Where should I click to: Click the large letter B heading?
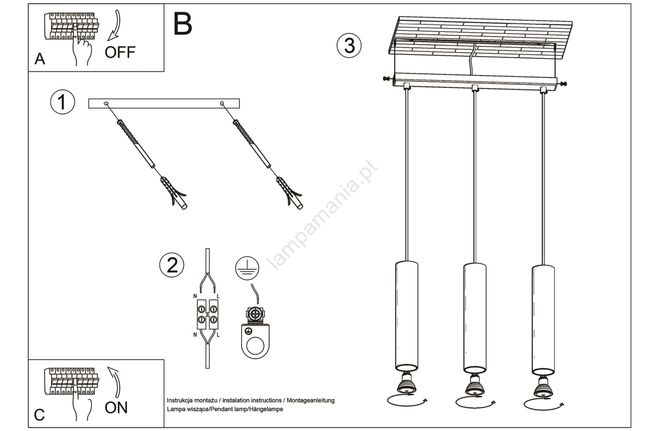(182, 24)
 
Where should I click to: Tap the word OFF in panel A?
(120, 53)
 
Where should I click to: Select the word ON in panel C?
(116, 408)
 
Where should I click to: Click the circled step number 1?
(62, 102)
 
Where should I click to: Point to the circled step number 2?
(172, 265)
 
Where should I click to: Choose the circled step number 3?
(349, 45)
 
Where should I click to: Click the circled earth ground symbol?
(247, 268)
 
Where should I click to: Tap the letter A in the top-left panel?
(40, 59)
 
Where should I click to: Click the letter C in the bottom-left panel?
(39, 415)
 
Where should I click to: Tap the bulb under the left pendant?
(406, 384)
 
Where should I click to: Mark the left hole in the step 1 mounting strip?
(106, 104)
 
